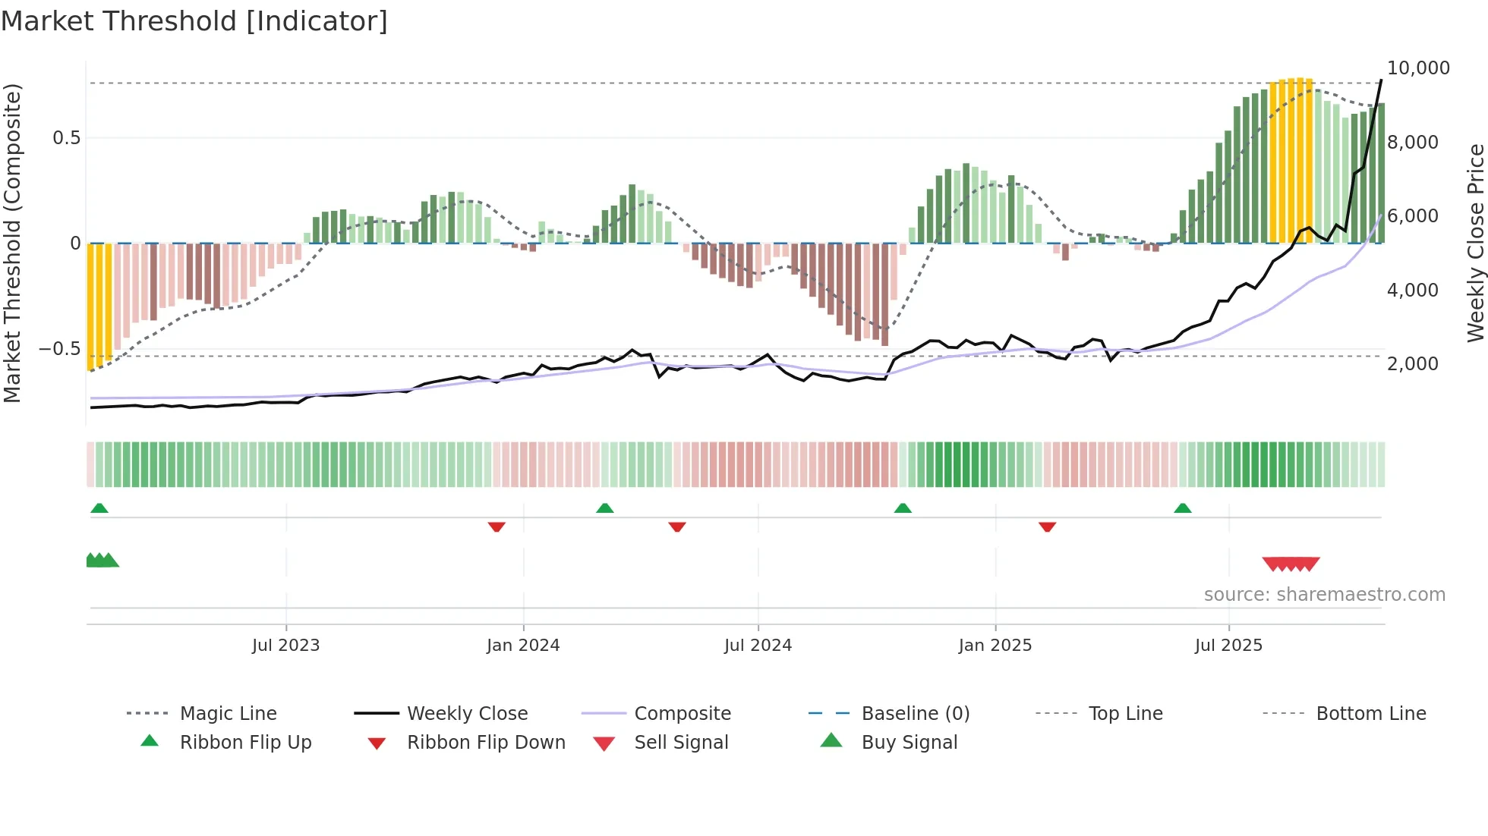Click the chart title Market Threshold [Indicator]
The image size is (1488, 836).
click(x=194, y=21)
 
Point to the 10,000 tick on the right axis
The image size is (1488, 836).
click(x=1417, y=68)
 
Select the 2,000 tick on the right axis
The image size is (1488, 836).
click(x=1412, y=364)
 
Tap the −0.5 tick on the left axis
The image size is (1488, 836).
click(x=59, y=349)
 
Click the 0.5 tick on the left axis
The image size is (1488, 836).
click(x=66, y=138)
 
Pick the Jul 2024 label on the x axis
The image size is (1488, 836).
click(x=758, y=646)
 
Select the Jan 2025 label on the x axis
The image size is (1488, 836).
click(x=995, y=646)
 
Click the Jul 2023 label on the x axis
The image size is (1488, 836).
click(x=285, y=646)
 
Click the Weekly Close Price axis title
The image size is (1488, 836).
click(x=1475, y=243)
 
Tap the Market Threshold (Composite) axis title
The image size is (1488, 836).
click(x=12, y=243)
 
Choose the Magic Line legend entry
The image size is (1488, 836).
click(x=228, y=714)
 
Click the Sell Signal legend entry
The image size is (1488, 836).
click(x=681, y=743)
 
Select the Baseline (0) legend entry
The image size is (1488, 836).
click(x=915, y=714)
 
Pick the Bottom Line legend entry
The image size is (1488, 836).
click(x=1370, y=714)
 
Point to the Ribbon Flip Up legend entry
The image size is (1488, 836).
click(x=245, y=743)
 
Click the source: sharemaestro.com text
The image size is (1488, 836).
click(x=1324, y=595)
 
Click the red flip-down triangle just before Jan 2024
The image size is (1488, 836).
click(x=497, y=526)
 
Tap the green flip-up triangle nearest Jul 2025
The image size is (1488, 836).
click(x=1182, y=508)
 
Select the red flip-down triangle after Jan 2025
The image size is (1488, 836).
click(x=1047, y=526)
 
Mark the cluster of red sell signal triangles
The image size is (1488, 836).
click(x=1291, y=564)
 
